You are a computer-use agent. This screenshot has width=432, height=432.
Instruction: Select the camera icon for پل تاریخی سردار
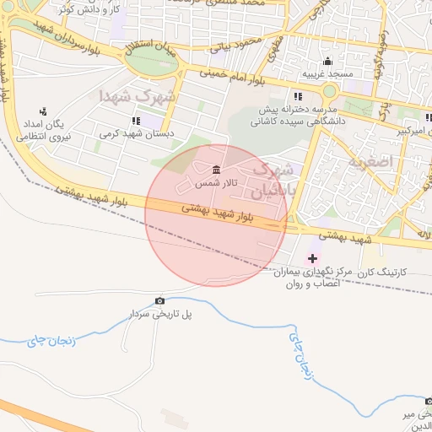click(160, 301)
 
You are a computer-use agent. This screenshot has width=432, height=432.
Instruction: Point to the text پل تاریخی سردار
click(160, 314)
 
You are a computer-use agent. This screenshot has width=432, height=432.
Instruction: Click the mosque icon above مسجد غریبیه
click(327, 62)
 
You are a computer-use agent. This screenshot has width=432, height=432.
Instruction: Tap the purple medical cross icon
click(313, 257)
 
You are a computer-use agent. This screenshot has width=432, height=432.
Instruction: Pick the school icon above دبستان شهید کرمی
click(136, 121)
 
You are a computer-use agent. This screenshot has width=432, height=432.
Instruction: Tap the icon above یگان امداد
click(44, 111)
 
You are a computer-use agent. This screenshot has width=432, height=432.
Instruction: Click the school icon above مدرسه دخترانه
click(298, 96)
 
